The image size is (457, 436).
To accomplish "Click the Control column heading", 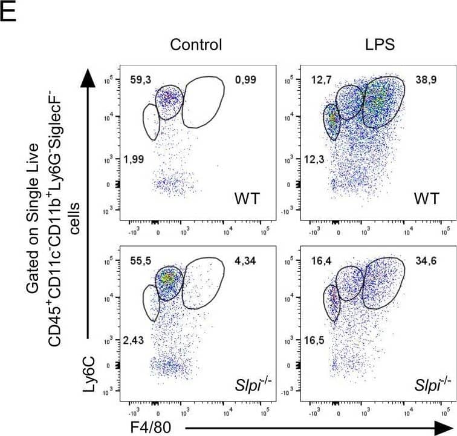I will [196, 44].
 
